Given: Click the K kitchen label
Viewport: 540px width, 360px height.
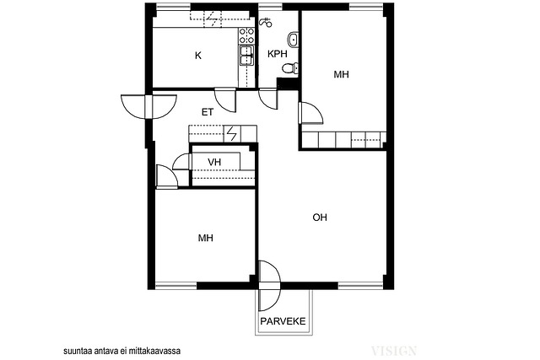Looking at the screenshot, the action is tap(198, 56).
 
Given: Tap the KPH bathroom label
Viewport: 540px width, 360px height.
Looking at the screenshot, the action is tap(278, 54).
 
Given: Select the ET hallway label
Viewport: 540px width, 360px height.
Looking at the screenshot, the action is tap(208, 112).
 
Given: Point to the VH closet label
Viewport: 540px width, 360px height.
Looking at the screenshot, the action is tap(214, 162).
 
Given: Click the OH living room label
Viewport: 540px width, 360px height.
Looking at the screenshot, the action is tap(320, 218).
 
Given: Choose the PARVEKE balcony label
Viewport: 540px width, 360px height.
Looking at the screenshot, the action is tap(283, 321).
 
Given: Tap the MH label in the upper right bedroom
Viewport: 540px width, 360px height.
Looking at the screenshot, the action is tap(341, 74).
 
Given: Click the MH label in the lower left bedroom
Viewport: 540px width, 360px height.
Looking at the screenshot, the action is tap(206, 238).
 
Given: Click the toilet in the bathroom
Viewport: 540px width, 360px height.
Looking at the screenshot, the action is tap(290, 67).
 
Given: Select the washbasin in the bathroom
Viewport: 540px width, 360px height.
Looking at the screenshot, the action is tap(293, 40).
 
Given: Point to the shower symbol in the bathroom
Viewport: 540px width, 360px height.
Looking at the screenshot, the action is tap(266, 23).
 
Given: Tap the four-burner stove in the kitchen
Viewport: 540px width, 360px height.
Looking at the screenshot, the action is tap(247, 35).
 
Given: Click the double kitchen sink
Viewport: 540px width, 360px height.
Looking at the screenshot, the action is tap(246, 55).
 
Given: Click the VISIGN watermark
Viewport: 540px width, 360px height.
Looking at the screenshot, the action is tap(394, 351).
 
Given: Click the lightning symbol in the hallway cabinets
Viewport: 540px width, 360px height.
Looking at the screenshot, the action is tap(232, 134).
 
